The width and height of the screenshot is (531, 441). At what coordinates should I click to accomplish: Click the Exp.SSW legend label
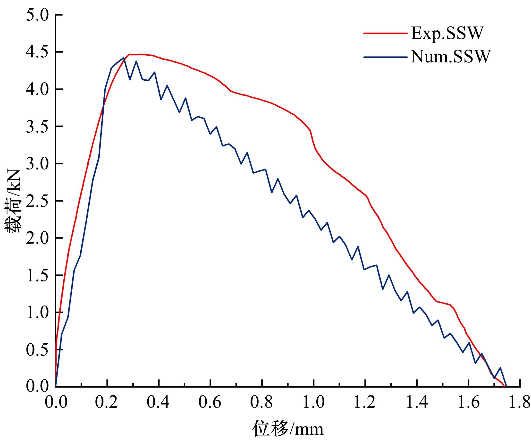coord(447,33)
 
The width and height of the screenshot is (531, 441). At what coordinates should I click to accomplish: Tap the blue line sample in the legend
coord(385,57)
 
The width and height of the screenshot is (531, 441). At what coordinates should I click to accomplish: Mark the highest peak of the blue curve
coord(123,58)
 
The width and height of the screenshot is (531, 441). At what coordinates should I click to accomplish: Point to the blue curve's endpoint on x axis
coord(506,387)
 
